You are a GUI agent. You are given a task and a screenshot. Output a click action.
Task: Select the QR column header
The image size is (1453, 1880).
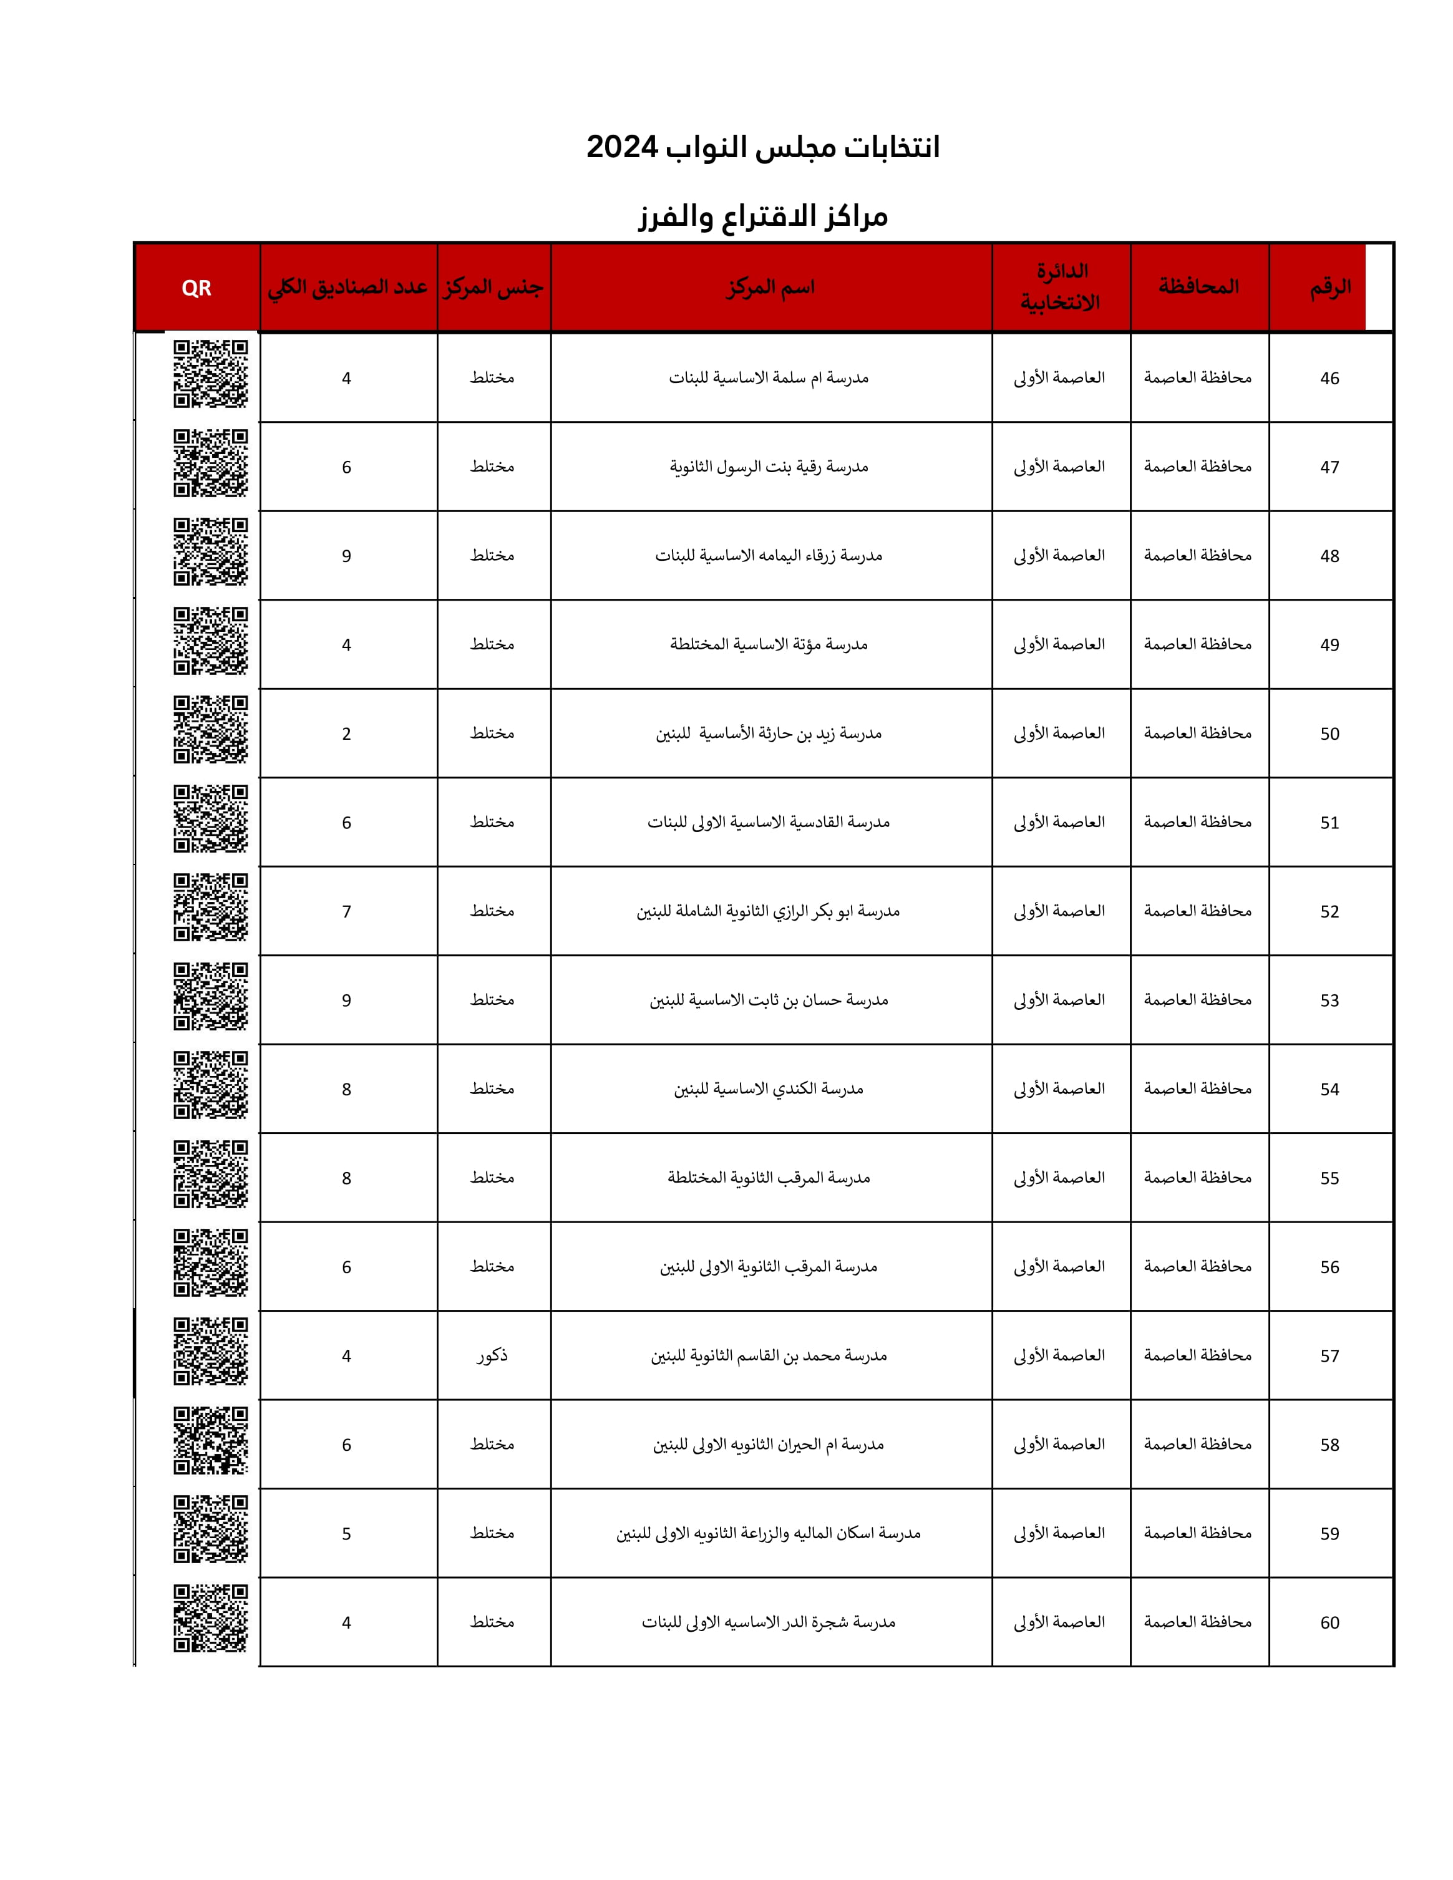197,288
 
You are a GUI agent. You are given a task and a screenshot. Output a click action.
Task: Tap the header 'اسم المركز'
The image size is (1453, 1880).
770,288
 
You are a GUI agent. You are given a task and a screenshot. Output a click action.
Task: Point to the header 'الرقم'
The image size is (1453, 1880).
1330,288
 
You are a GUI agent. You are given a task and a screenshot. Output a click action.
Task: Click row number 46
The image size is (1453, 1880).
1330,378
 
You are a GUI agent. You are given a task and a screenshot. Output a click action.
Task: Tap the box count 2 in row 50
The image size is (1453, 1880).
346,734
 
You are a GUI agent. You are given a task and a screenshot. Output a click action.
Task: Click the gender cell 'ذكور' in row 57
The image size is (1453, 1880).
492,1356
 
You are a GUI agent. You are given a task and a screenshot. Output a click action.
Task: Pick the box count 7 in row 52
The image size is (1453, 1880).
346,911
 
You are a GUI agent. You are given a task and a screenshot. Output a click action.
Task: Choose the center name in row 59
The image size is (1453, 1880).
769,1533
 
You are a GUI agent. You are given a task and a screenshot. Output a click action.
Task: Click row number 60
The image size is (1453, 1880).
1330,1622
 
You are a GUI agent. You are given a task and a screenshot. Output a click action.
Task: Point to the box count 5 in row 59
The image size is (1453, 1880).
346,1534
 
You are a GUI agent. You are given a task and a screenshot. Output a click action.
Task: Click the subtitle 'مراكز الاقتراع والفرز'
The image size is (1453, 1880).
762,216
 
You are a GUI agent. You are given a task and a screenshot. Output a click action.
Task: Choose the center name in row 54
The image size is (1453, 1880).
769,1089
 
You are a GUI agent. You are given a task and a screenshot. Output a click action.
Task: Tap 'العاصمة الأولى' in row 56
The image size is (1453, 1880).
1059,1266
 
